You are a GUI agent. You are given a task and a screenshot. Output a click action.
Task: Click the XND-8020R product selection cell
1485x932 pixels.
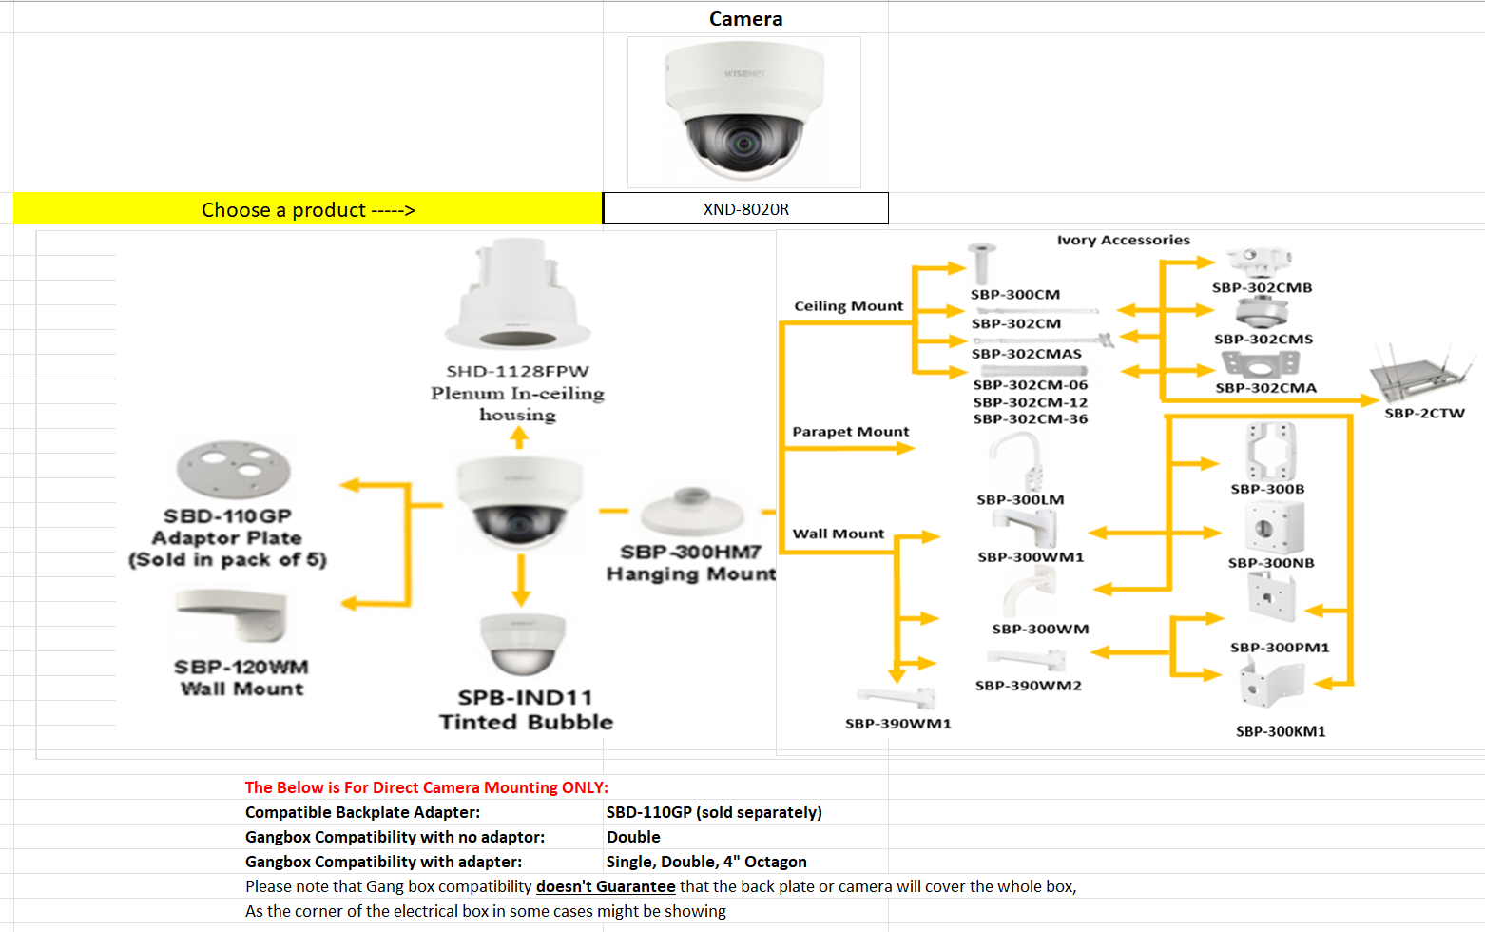(x=745, y=209)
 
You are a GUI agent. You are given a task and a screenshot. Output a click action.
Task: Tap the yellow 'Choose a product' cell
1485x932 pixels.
(x=308, y=209)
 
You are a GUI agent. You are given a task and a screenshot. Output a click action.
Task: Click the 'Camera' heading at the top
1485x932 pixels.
(x=745, y=19)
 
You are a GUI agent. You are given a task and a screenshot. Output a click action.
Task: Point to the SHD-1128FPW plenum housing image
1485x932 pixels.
(x=517, y=295)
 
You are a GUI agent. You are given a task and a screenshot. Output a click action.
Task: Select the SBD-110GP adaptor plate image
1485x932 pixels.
(x=233, y=468)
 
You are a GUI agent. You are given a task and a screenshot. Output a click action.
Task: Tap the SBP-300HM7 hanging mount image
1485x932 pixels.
(x=691, y=512)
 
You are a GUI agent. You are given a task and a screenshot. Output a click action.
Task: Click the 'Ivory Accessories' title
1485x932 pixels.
(x=1123, y=240)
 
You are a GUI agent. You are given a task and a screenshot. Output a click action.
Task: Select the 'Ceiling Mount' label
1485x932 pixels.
(x=848, y=306)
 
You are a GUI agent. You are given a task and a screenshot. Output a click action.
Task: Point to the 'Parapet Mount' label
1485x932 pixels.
(x=850, y=432)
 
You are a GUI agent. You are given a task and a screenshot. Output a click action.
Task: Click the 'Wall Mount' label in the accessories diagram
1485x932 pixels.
(x=838, y=534)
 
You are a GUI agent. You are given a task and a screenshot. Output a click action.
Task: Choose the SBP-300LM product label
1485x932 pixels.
(x=1020, y=499)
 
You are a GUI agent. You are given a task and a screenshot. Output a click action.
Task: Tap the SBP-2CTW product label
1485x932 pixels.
(x=1424, y=413)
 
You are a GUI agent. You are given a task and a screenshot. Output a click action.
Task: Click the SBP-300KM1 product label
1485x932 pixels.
(x=1280, y=731)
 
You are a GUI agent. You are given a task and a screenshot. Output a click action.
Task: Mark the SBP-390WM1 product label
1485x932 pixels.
(x=897, y=724)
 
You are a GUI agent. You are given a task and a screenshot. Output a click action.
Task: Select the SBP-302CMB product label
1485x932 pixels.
(x=1262, y=287)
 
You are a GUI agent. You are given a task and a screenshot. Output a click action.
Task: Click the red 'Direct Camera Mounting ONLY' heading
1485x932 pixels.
(x=426, y=787)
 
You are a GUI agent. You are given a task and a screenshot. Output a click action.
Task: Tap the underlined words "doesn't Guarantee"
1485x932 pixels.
(x=606, y=886)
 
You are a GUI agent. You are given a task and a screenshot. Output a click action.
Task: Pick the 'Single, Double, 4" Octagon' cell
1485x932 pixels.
(x=706, y=862)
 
